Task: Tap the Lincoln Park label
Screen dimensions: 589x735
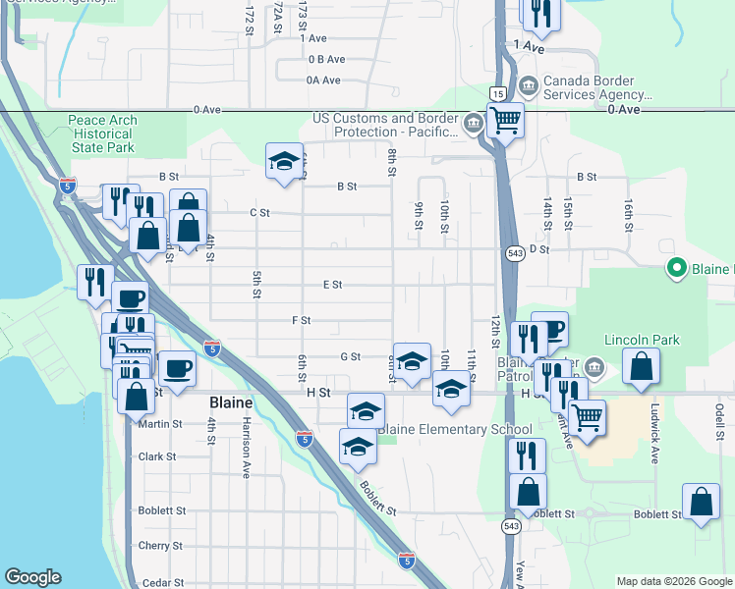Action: point(643,341)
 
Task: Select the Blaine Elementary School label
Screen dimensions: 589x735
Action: point(455,429)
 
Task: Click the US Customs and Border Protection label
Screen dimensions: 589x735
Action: point(384,125)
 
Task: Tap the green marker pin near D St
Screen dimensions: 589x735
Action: point(676,267)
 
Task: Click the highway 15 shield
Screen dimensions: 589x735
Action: point(499,93)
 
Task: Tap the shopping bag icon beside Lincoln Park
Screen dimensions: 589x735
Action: point(641,368)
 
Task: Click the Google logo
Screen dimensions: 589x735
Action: point(32,577)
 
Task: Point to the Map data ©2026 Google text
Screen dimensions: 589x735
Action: point(674,581)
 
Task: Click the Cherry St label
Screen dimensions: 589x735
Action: point(162,546)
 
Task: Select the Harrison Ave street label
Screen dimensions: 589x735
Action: point(246,454)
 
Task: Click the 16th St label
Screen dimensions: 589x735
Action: point(627,214)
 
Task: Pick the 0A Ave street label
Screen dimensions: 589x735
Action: point(323,80)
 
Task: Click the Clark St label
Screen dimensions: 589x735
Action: point(157,456)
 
